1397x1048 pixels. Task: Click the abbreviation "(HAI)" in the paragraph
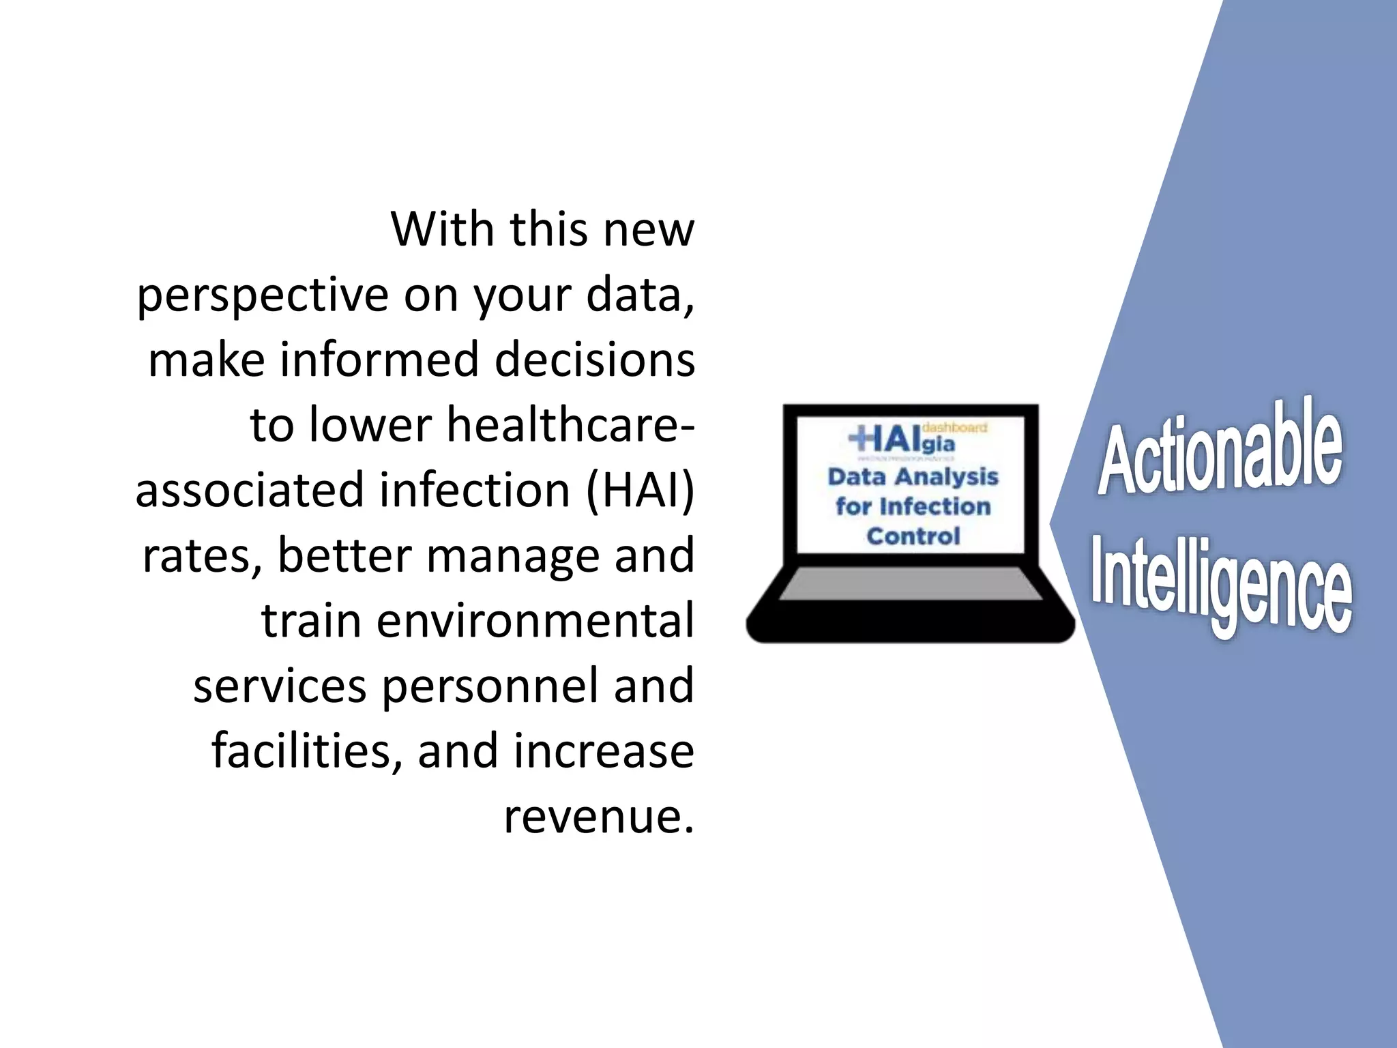pos(640,490)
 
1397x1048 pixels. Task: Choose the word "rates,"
pos(202,556)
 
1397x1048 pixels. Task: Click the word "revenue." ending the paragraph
pos(599,816)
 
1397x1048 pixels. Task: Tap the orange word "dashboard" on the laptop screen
pos(954,428)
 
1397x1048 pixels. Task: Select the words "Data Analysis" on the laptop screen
pos(913,476)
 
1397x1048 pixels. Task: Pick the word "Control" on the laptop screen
pos(913,536)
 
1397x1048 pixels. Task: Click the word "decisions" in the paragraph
pos(594,360)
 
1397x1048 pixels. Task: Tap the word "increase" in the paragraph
pos(604,751)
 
